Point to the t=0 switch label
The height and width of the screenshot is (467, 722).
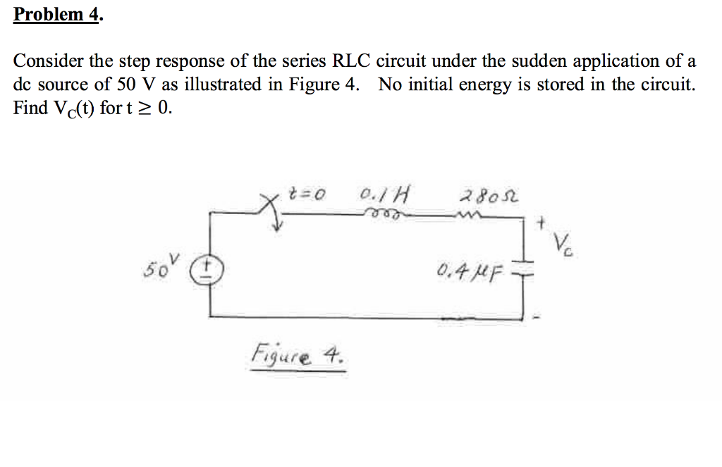307,194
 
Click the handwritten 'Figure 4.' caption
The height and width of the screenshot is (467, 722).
298,354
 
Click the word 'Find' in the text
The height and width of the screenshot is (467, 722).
30,108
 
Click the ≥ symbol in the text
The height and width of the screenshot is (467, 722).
146,108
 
